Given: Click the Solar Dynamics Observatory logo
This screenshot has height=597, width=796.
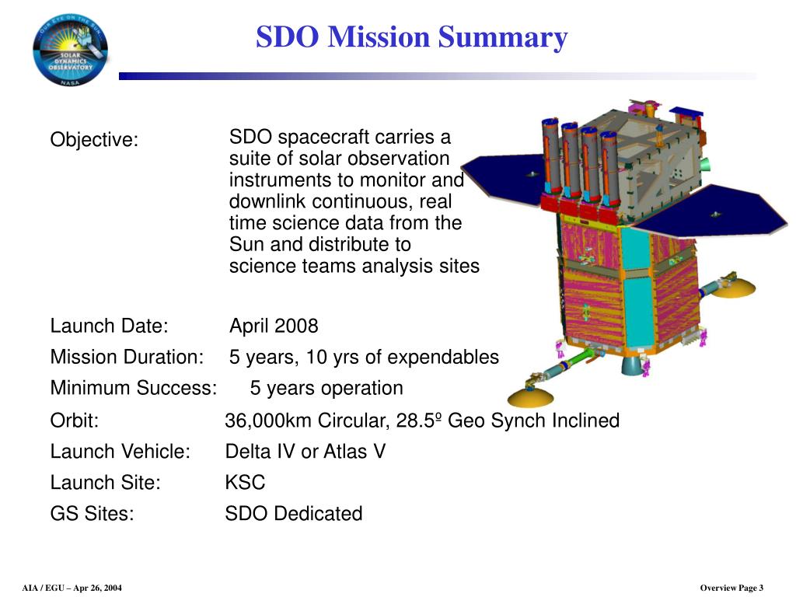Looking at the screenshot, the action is pyautogui.click(x=71, y=50).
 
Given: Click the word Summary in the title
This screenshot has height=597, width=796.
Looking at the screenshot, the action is pyautogui.click(x=503, y=38).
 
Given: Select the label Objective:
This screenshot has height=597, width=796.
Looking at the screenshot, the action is pyautogui.click(x=94, y=140).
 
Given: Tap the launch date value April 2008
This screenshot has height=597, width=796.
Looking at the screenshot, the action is pyautogui.click(x=274, y=326).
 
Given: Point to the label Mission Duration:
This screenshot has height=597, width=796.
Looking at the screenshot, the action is pyautogui.click(x=127, y=357).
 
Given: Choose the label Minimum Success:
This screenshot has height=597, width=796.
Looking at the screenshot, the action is pyautogui.click(x=134, y=388).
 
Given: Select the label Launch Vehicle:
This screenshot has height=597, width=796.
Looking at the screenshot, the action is pyautogui.click(x=120, y=452).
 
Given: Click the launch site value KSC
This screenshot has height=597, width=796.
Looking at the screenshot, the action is pyautogui.click(x=245, y=482).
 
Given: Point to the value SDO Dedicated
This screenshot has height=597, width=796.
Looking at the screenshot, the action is pyautogui.click(x=294, y=513).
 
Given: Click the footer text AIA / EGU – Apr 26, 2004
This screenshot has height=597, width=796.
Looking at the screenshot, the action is pyautogui.click(x=72, y=588).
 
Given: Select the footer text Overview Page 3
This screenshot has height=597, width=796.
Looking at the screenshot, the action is pyautogui.click(x=731, y=588).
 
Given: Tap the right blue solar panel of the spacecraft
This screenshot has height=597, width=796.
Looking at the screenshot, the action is pyautogui.click(x=710, y=212).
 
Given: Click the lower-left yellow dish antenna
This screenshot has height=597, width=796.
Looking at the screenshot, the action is pyautogui.click(x=530, y=396).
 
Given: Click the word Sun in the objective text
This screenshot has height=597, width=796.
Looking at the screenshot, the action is pyautogui.click(x=246, y=245).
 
